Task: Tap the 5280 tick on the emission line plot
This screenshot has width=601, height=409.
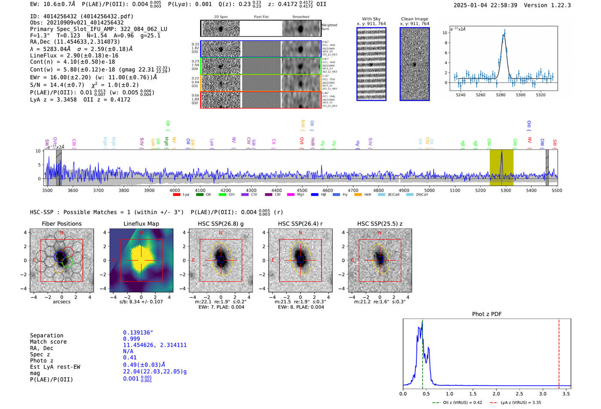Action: pos(501,95)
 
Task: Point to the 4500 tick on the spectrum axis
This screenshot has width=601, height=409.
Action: pos(302,191)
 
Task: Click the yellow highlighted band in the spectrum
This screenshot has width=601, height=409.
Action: pos(501,167)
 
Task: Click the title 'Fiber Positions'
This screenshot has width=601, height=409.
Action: pos(61,224)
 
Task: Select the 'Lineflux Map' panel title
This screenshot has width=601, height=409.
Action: pos(141,224)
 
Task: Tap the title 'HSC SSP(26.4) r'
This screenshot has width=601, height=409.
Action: pos(300,224)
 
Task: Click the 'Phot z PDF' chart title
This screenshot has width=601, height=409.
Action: pos(486,314)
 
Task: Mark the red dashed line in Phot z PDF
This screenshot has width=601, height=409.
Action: pos(559,352)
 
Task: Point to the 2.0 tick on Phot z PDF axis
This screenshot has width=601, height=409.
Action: pos(496,394)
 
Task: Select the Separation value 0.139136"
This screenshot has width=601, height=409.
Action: pos(138,333)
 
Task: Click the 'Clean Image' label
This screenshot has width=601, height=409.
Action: pos(414,19)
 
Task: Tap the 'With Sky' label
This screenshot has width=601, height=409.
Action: pos(371,19)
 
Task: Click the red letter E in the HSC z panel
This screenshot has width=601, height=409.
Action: pos(352,260)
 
